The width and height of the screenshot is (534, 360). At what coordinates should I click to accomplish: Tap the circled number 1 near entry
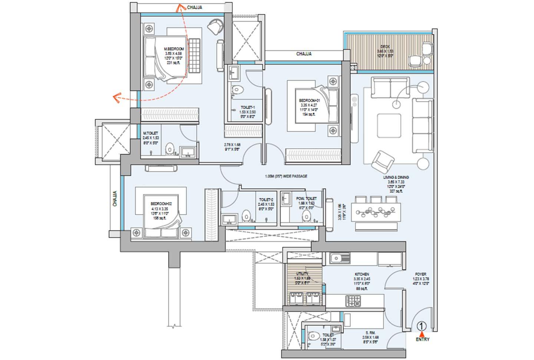(422, 326)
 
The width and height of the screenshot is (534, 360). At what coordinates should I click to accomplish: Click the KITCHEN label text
(362, 274)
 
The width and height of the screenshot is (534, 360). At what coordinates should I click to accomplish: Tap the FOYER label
(420, 274)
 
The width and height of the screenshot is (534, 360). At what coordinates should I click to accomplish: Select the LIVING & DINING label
(396, 177)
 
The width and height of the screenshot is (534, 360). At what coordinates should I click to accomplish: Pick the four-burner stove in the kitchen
(353, 301)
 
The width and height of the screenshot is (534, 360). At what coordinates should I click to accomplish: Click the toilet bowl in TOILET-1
(237, 89)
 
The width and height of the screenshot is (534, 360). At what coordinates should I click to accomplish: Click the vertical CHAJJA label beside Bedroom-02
(115, 199)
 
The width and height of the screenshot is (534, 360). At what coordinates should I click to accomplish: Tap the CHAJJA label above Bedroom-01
(304, 54)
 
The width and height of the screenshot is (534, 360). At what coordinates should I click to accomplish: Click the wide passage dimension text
(286, 177)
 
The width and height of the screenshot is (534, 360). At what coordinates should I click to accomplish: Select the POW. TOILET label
(306, 199)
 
